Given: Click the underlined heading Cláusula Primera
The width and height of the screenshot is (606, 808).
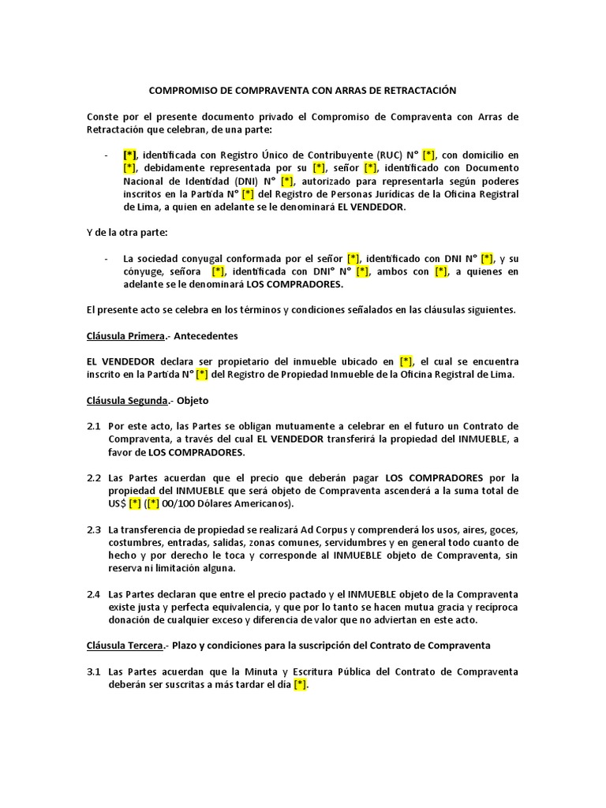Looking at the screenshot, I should (x=125, y=335).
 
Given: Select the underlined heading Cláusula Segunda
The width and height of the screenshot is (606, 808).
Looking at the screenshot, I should (x=126, y=400).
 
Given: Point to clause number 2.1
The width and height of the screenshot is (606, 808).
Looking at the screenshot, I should (x=94, y=426).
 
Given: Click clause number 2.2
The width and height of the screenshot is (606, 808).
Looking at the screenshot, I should (x=94, y=478).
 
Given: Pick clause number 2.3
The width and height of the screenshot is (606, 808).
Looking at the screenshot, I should (x=94, y=529).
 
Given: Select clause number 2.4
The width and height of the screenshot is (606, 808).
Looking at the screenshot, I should (x=94, y=594).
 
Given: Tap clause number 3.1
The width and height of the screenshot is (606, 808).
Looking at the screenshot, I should (x=94, y=671).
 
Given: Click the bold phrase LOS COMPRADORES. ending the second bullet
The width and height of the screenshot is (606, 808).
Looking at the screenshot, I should (x=295, y=284).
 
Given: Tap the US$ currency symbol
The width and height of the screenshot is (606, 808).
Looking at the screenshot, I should (x=117, y=503).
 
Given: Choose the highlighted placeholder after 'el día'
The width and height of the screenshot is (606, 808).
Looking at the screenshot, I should (x=300, y=685).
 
